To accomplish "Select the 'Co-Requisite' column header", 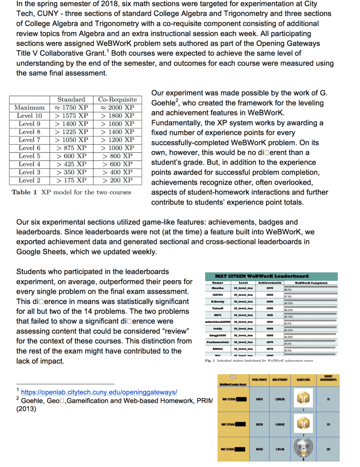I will [117, 99].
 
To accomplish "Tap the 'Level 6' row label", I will [30, 148].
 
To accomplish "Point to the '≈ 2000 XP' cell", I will [117, 107].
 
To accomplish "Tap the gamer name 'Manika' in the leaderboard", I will [217, 289].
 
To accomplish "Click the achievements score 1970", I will [269, 289].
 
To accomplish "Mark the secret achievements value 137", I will [328, 449].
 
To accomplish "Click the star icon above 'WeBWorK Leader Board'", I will [233, 377].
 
